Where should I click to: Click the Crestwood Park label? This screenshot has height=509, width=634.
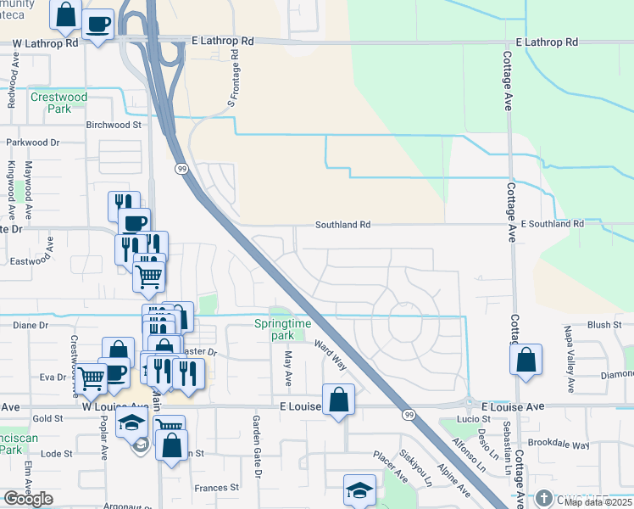pyautogui.click(x=59, y=103)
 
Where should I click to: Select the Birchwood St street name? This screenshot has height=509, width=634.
pyautogui.click(x=113, y=124)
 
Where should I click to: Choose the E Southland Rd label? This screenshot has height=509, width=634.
pyautogui.click(x=553, y=224)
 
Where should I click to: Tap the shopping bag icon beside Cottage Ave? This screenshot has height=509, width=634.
pyautogui.click(x=526, y=359)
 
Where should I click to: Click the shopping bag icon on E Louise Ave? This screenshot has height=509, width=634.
pyautogui.click(x=338, y=401)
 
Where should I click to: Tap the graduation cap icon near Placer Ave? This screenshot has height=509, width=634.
pyautogui.click(x=359, y=491)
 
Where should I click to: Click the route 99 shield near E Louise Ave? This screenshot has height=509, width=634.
pyautogui.click(x=409, y=414)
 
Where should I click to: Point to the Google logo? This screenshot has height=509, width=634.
pyautogui.click(x=28, y=499)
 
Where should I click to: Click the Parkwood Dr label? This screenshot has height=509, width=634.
pyautogui.click(x=34, y=143)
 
